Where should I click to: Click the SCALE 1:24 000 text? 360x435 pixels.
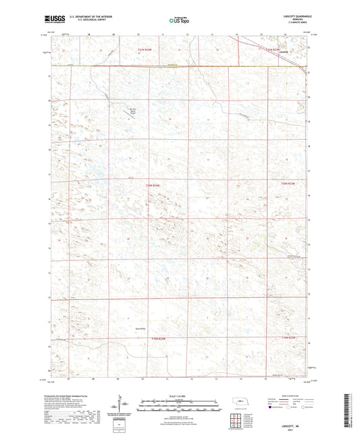tap(179, 395)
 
